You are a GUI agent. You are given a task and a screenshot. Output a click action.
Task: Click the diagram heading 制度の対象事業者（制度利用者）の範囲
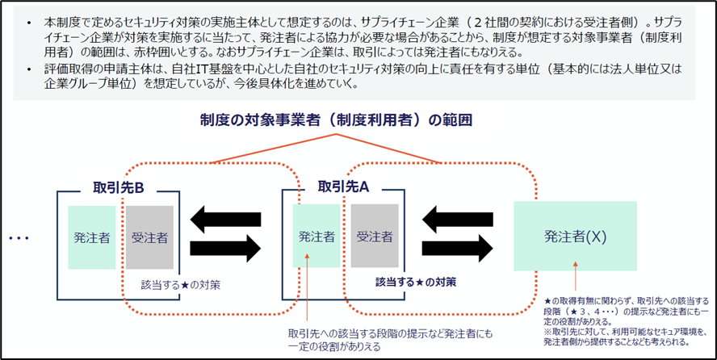click(x=336, y=120)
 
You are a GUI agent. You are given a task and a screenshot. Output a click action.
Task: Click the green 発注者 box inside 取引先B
click(x=92, y=237)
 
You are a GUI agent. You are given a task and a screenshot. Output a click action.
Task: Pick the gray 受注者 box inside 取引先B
click(x=149, y=237)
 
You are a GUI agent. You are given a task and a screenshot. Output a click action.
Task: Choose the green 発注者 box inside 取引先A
click(x=317, y=236)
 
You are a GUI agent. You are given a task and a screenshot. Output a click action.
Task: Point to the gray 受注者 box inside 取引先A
click(x=375, y=236)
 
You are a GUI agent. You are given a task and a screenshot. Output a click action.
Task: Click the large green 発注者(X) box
click(x=575, y=237)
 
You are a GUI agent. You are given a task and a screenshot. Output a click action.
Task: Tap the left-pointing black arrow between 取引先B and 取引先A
click(x=225, y=218)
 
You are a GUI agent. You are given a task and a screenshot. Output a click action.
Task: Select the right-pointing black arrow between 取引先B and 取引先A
click(x=225, y=249)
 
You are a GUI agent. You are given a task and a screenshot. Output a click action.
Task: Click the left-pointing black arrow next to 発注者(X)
click(x=457, y=218)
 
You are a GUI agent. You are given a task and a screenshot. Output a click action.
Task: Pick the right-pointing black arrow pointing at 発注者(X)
click(x=457, y=249)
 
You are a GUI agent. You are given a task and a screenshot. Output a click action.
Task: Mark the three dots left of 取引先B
click(x=19, y=238)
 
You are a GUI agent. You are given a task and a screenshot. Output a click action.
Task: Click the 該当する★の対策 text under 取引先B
click(x=181, y=285)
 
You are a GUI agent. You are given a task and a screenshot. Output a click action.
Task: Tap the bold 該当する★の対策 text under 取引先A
click(x=415, y=282)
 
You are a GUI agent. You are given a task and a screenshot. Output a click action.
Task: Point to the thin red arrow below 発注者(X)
click(x=575, y=278)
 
